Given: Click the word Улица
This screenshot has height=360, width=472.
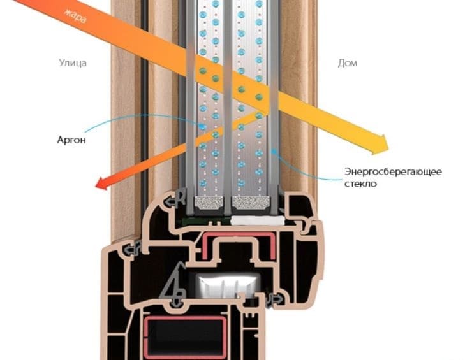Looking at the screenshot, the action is (x=73, y=63).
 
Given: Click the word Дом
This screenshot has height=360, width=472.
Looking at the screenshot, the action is (x=348, y=63).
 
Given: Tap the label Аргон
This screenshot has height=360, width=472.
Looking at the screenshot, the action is (x=71, y=140).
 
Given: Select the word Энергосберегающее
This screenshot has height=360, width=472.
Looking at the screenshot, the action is (x=393, y=172).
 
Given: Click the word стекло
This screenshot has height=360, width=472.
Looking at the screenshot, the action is (x=360, y=183).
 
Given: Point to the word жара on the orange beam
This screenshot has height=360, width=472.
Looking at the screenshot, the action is (x=75, y=16).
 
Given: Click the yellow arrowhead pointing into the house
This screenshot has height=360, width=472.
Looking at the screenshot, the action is (x=380, y=145).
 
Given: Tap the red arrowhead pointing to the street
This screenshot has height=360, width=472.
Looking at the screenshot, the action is (x=103, y=183).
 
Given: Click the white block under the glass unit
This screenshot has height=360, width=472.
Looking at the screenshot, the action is (x=258, y=220).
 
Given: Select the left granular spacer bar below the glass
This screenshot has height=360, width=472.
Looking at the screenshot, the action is (x=209, y=203).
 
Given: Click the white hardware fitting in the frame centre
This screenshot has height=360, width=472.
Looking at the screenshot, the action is (x=228, y=284).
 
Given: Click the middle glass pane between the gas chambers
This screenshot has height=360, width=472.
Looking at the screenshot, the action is (x=228, y=105).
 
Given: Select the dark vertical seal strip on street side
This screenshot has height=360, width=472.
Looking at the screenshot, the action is (x=145, y=120).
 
